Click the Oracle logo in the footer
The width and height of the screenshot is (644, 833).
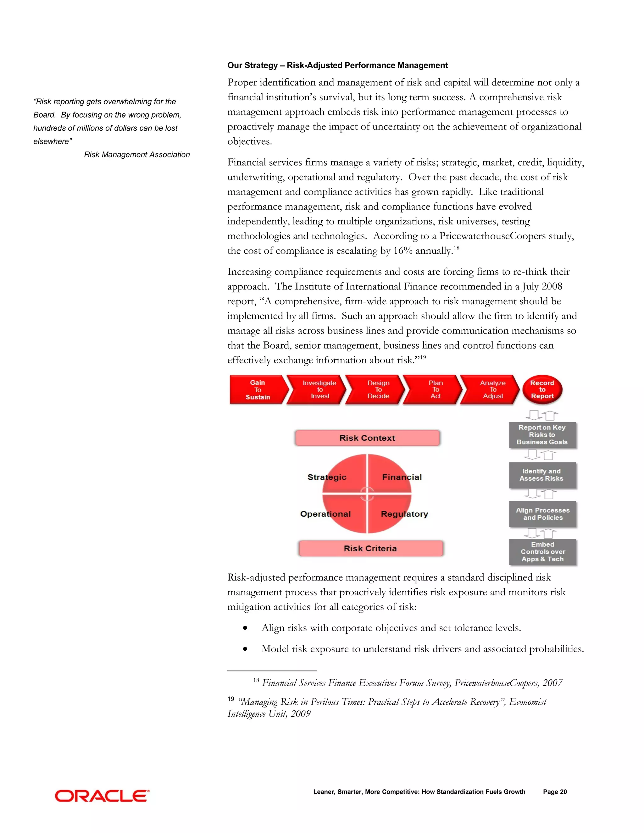[102, 796]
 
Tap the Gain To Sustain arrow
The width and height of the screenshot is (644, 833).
[258, 389]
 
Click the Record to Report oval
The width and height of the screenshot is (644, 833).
[542, 389]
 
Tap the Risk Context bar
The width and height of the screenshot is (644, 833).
[367, 438]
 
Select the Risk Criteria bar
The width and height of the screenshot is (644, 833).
[370, 548]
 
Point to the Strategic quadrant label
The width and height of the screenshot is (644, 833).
[327, 477]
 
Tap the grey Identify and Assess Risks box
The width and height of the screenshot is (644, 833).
[542, 475]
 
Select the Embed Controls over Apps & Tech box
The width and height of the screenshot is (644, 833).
[542, 552]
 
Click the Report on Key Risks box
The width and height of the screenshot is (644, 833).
[542, 435]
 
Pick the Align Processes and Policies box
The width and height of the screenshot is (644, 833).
[542, 514]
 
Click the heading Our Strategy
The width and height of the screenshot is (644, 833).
[337, 65]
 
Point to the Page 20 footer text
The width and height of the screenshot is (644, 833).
[555, 792]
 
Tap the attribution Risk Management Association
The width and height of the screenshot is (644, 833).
[137, 154]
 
